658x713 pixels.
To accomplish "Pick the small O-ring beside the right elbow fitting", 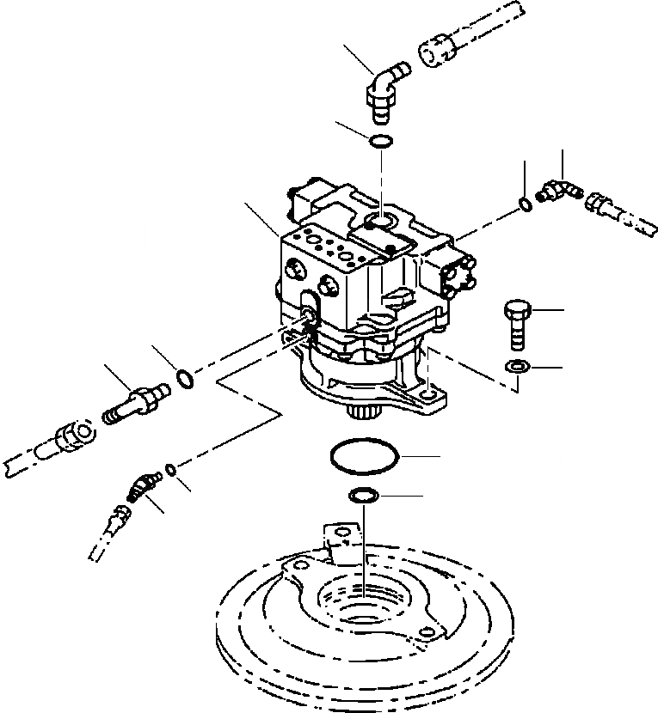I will [x=525, y=203].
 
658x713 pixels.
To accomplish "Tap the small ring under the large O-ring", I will [x=362, y=496].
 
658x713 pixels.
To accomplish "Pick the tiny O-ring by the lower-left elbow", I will [x=171, y=469].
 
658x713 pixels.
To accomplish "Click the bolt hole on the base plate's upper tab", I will [x=347, y=535].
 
